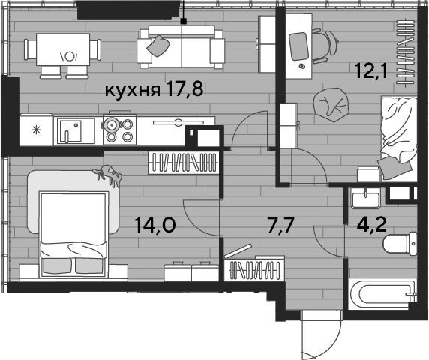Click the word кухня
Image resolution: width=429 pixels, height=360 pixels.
(133, 90)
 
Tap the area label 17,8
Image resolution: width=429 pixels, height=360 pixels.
(184, 89)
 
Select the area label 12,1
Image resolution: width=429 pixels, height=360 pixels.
(371, 70)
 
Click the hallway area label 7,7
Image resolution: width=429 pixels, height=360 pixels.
(281, 226)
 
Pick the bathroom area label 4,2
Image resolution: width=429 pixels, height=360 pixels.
(371, 225)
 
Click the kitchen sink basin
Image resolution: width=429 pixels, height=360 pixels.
(70, 130)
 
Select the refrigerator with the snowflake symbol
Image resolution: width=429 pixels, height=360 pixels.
(37, 130)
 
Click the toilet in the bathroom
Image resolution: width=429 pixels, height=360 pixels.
(400, 244)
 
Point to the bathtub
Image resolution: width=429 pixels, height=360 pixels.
(382, 294)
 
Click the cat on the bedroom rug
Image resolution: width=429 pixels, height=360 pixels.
(108, 174)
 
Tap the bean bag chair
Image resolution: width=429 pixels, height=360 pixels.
(331, 103)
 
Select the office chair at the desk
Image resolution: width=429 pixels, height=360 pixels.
(325, 46)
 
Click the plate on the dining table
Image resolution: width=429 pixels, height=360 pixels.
(69, 57)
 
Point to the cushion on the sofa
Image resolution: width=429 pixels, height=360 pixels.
(157, 46)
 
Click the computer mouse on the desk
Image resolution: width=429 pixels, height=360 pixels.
(302, 66)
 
